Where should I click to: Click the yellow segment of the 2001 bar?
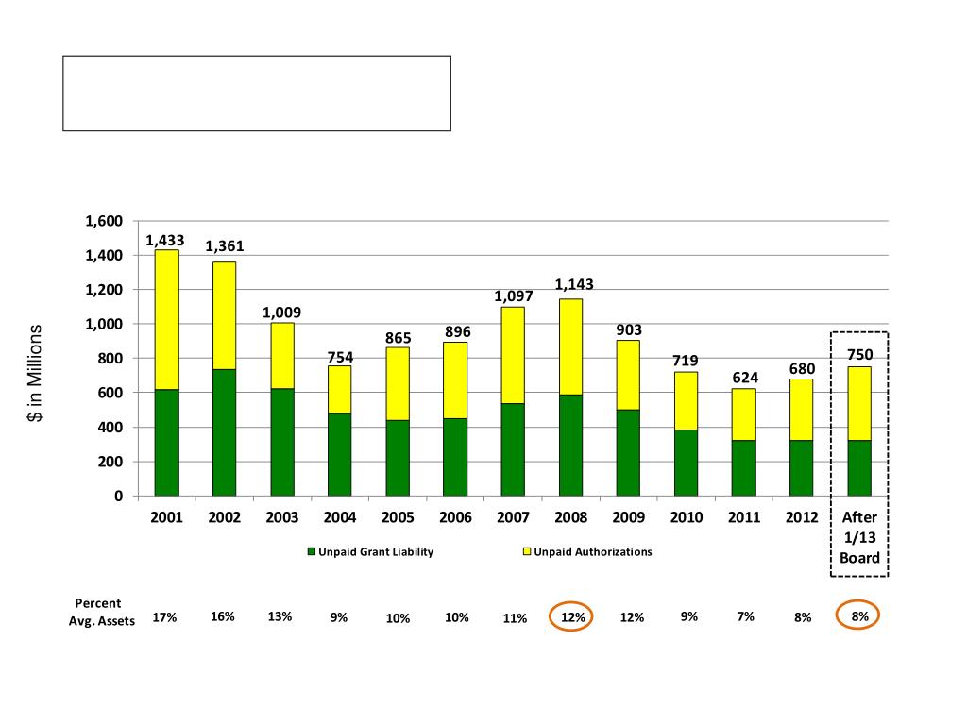[x=166, y=319]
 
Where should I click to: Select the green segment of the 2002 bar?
[x=224, y=432]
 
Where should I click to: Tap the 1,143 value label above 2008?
[x=574, y=284]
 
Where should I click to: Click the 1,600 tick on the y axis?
[x=105, y=221]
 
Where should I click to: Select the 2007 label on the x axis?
[x=513, y=517]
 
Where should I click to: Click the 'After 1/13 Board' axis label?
[x=859, y=537]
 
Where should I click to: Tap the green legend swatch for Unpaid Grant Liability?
[x=312, y=552]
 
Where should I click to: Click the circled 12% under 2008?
[x=572, y=617]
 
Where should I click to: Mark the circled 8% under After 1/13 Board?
[x=859, y=615]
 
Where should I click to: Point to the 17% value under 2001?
[x=165, y=616]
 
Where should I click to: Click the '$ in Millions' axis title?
[x=36, y=374]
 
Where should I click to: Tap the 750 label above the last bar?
[x=859, y=351]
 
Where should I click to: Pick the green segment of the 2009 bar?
[x=628, y=452]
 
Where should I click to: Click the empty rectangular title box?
[x=257, y=93]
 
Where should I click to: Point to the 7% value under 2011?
[x=744, y=616]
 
